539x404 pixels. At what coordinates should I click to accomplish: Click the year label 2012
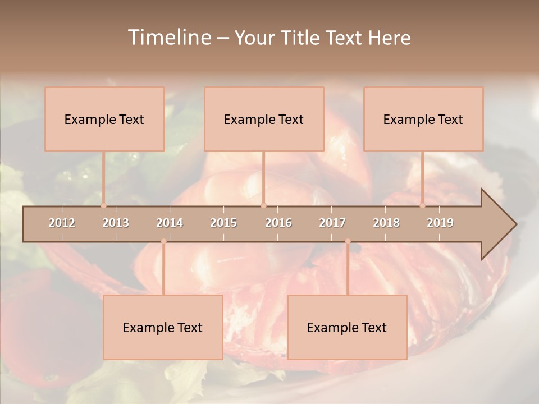[62, 223]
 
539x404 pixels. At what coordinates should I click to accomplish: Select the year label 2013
[116, 223]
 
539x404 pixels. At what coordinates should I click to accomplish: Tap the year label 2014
[170, 223]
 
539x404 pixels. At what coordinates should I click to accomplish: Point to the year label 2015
[223, 223]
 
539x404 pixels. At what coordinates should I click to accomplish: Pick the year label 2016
[278, 223]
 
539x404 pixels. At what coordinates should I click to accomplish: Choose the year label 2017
[332, 223]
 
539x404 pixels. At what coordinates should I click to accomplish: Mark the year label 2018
[386, 223]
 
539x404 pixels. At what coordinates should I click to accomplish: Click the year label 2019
[440, 223]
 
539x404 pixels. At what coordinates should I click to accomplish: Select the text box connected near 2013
[104, 119]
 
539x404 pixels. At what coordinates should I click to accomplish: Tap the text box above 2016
[264, 119]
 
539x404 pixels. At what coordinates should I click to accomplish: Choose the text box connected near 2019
[423, 119]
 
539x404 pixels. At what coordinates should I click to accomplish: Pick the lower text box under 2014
[163, 327]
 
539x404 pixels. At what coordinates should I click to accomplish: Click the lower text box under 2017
[347, 327]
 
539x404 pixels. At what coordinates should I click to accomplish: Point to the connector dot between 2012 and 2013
[103, 206]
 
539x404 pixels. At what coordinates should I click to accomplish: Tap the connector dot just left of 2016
[263, 206]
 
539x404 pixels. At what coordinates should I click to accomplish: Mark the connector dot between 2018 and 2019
[422, 206]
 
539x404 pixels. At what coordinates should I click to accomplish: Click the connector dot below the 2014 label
[163, 242]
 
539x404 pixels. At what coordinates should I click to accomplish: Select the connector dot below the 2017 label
[348, 242]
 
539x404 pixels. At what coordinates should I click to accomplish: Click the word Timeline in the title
[168, 38]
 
